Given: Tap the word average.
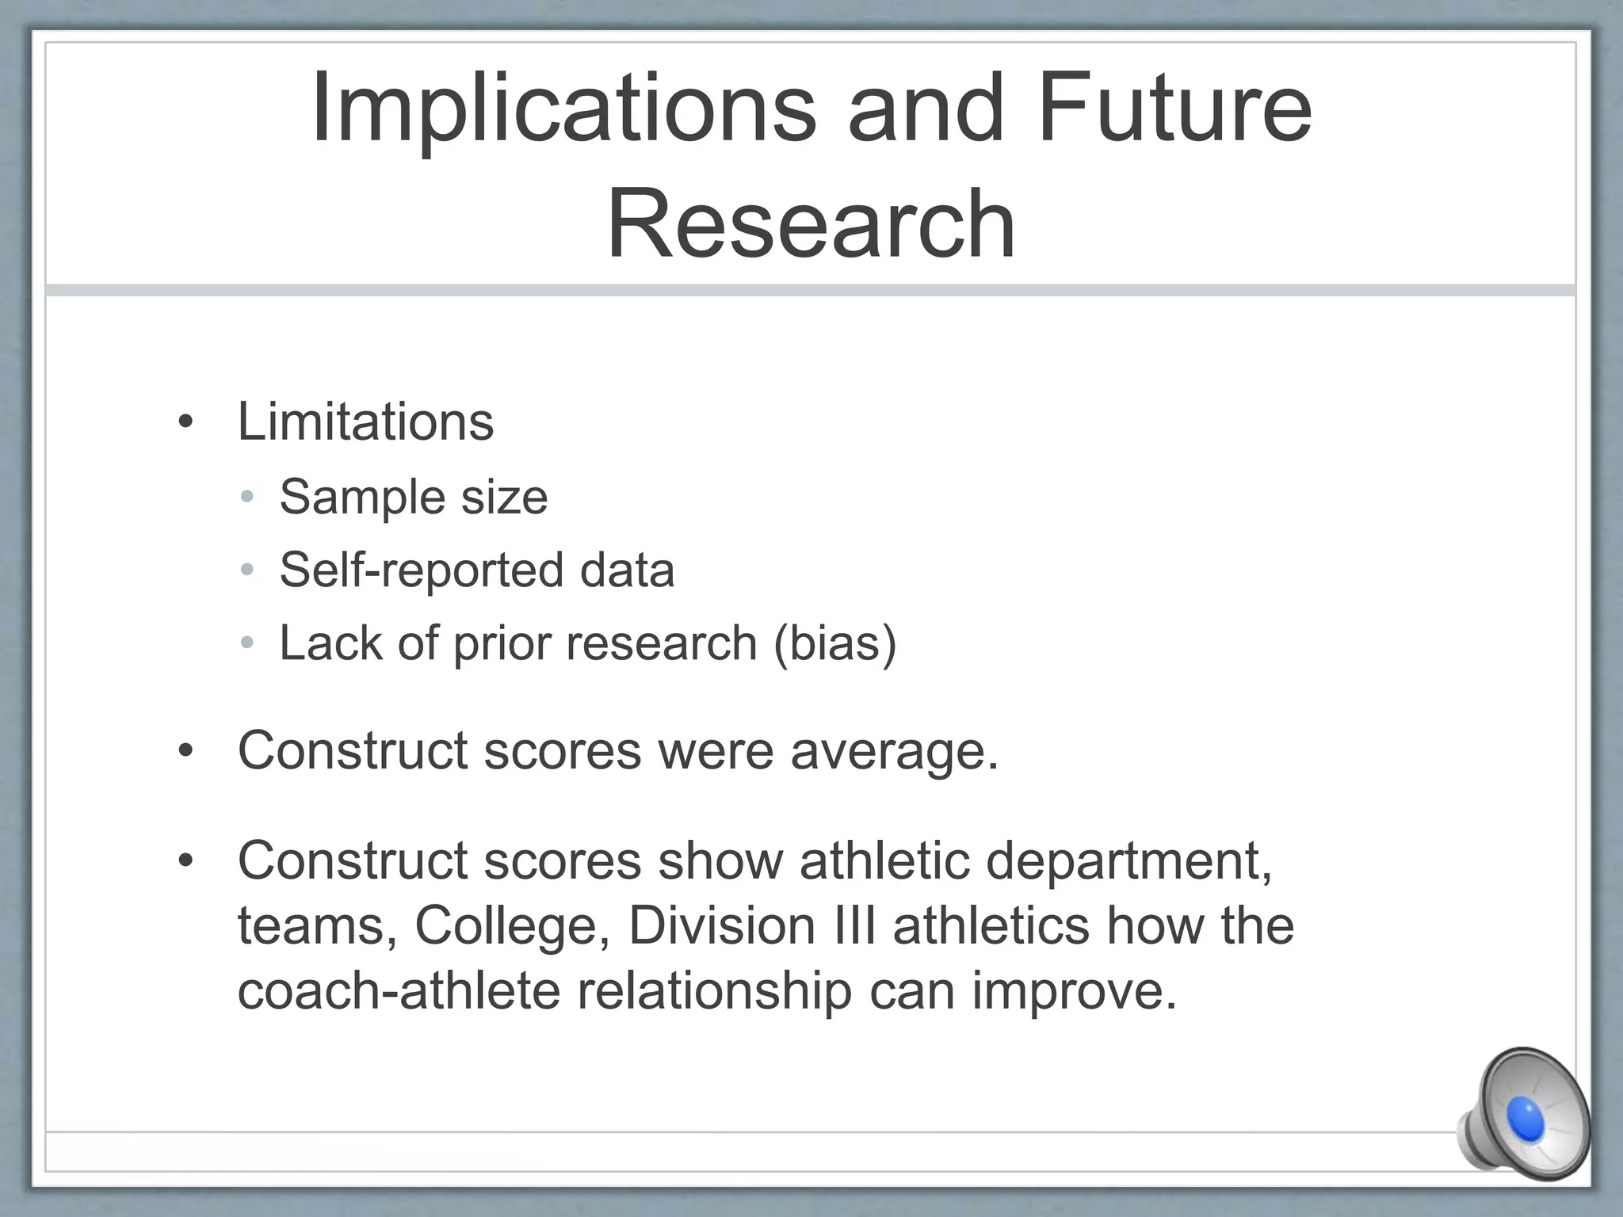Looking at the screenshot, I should click(894, 750).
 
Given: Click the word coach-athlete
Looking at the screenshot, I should click(399, 990).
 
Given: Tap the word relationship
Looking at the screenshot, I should click(714, 990).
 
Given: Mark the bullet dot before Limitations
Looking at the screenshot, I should click(185, 422).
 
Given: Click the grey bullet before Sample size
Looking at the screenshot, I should click(247, 498).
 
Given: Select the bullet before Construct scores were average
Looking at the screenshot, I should click(185, 750).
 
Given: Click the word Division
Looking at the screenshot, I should click(722, 925).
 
